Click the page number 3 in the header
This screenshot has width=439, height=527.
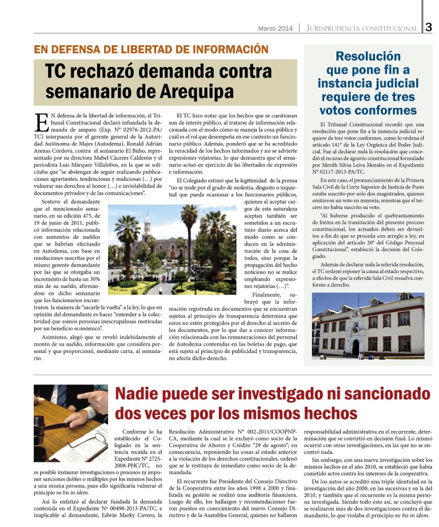429,27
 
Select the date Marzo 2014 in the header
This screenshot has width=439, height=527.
275,28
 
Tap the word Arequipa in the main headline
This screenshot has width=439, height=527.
194,91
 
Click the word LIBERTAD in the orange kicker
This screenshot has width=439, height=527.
131,49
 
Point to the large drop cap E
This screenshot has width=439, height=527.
41,122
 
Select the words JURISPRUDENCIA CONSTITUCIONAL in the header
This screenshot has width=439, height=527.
362,28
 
